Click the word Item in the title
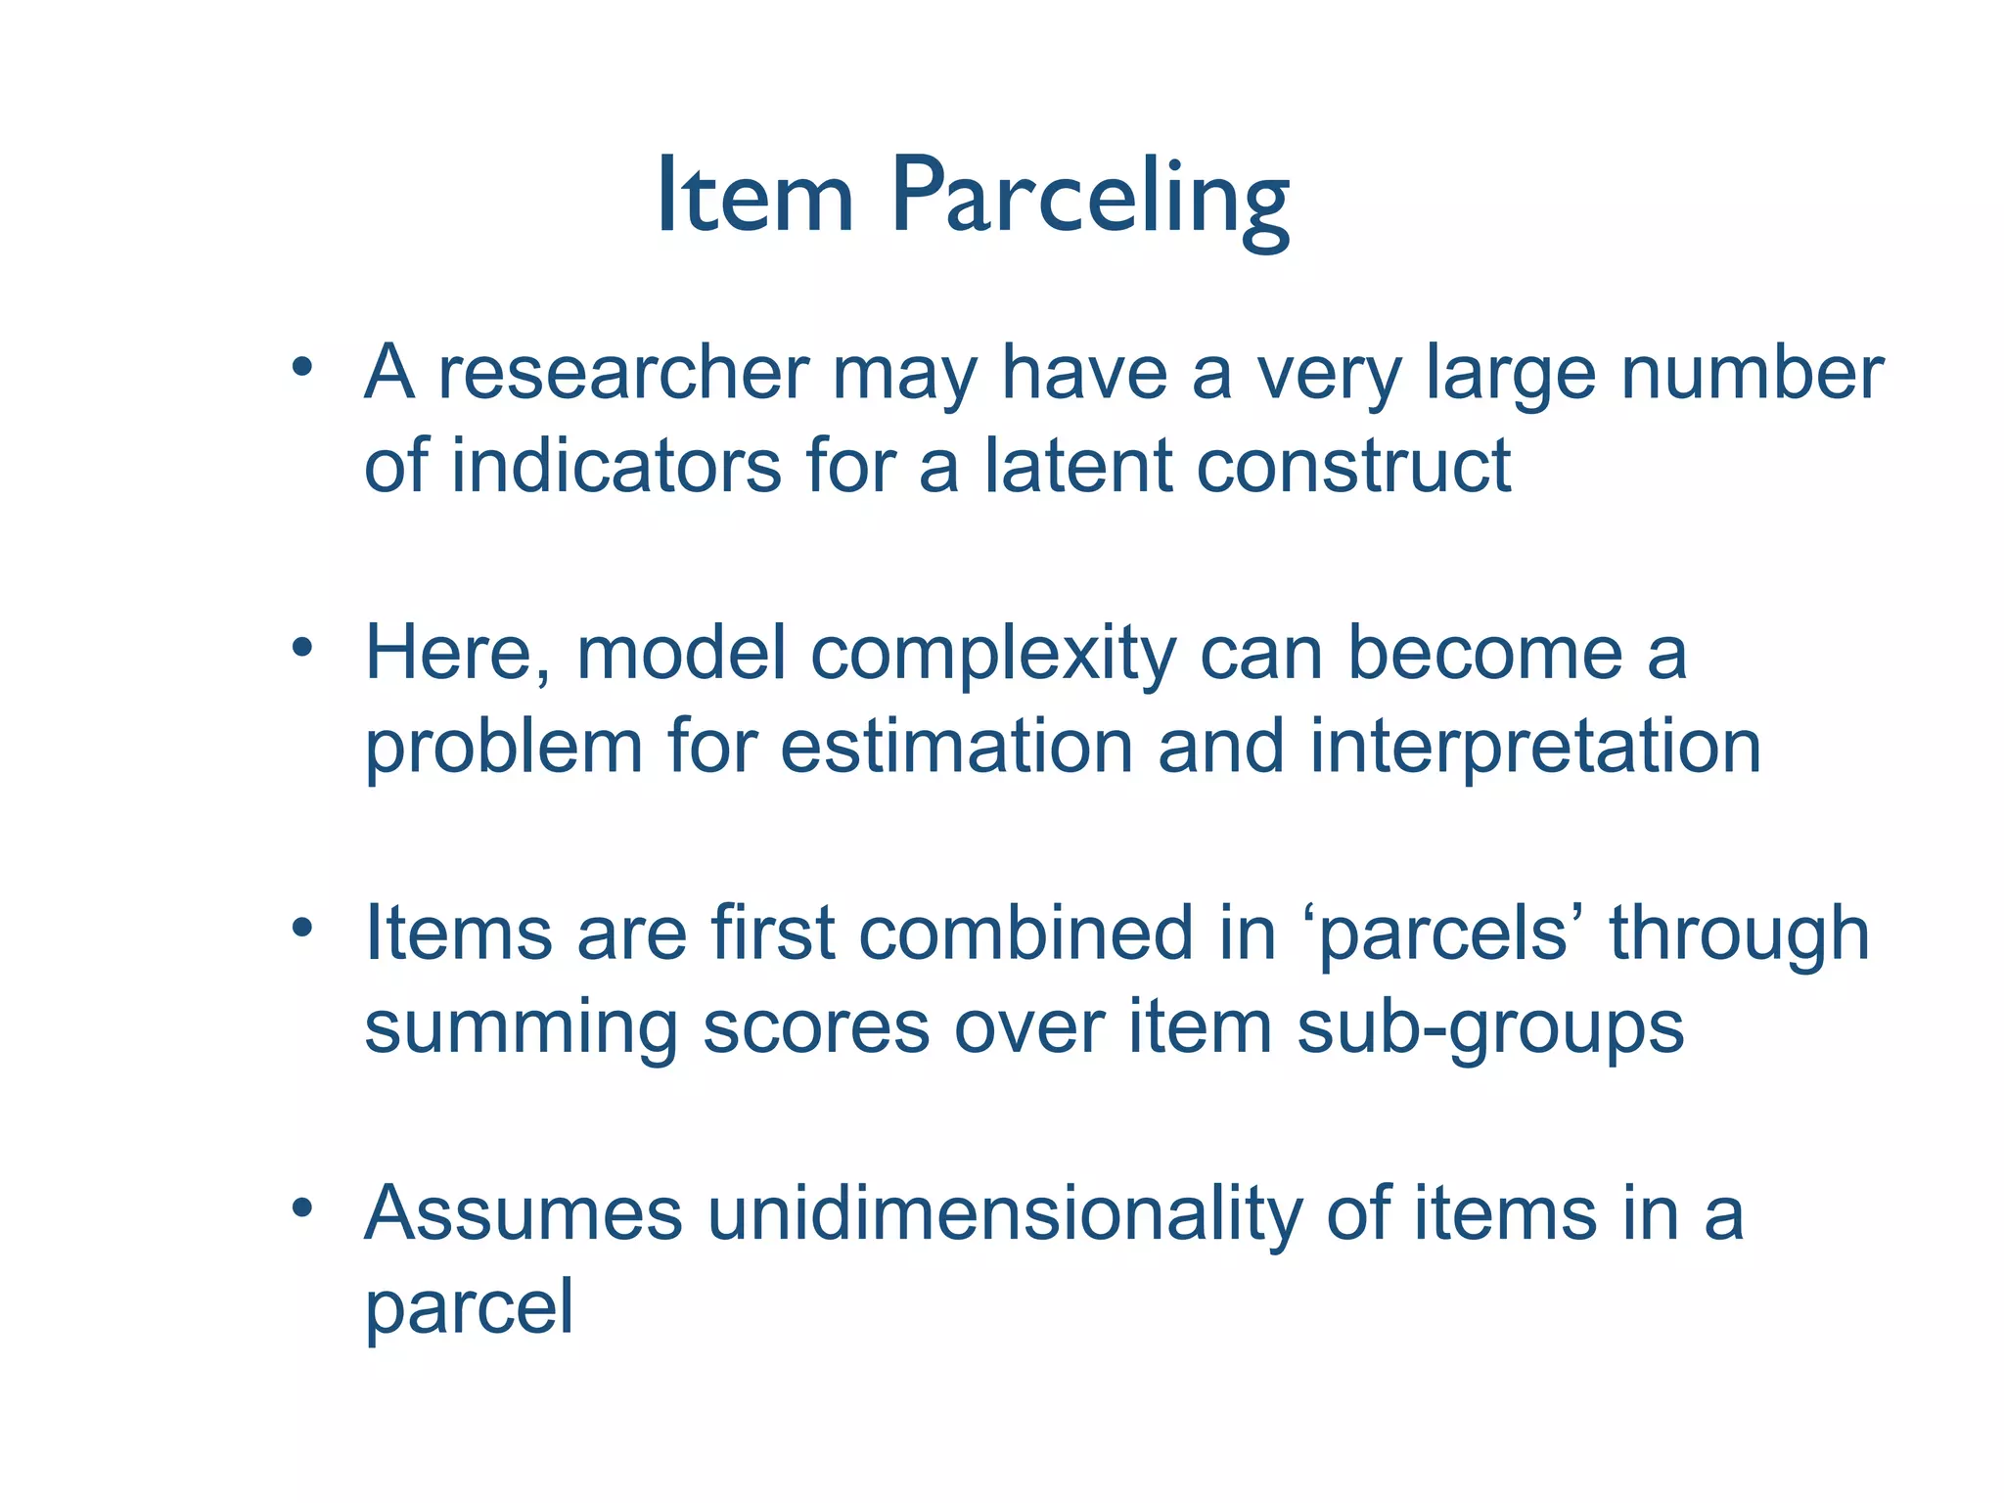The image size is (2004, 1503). [x=755, y=199]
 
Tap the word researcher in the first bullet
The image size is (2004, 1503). [x=623, y=374]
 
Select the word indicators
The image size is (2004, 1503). [x=615, y=466]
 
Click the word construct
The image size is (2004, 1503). [x=1354, y=466]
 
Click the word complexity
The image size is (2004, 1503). [x=992, y=654]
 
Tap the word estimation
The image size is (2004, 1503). [x=957, y=747]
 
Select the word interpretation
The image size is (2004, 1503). [x=1534, y=747]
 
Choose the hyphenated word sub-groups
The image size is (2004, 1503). [x=1489, y=1027]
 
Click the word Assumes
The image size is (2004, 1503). [x=524, y=1214]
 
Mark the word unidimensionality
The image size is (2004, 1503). [x=1004, y=1214]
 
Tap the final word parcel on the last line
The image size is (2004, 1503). [x=469, y=1307]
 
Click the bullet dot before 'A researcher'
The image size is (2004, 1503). [x=301, y=368]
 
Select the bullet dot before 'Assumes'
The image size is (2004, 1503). [x=301, y=1208]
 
